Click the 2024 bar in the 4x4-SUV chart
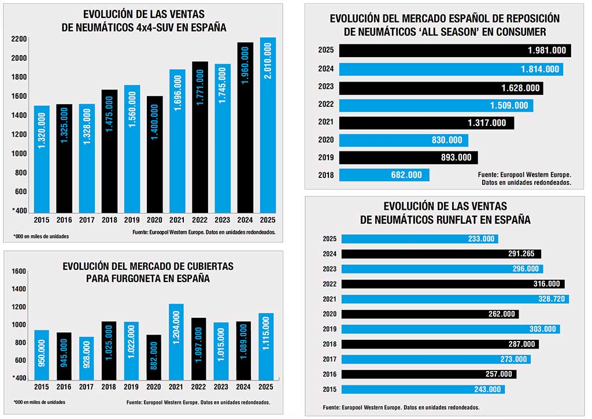coord(245,127)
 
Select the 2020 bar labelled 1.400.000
coord(155,154)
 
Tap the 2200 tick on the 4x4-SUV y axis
coord(19,39)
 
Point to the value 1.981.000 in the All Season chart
coord(546,51)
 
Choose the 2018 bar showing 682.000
coord(384,175)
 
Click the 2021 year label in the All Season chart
coord(325,123)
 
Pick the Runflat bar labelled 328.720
coord(455,299)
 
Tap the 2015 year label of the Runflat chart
coord(330,389)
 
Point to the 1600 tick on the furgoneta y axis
coord(19,271)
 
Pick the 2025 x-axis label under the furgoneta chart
coord(267,386)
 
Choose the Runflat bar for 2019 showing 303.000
coord(450,329)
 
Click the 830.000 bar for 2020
coord(404,140)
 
